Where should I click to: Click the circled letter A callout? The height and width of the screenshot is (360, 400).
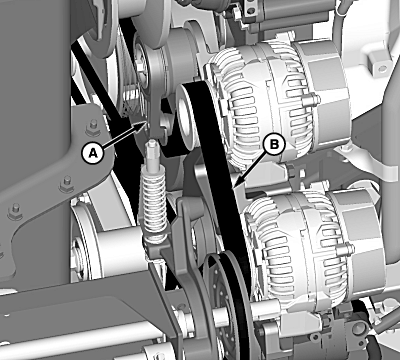[x=94, y=154]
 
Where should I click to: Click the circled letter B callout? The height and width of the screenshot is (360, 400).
[x=274, y=144]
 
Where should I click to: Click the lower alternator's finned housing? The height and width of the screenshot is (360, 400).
[x=293, y=247]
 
